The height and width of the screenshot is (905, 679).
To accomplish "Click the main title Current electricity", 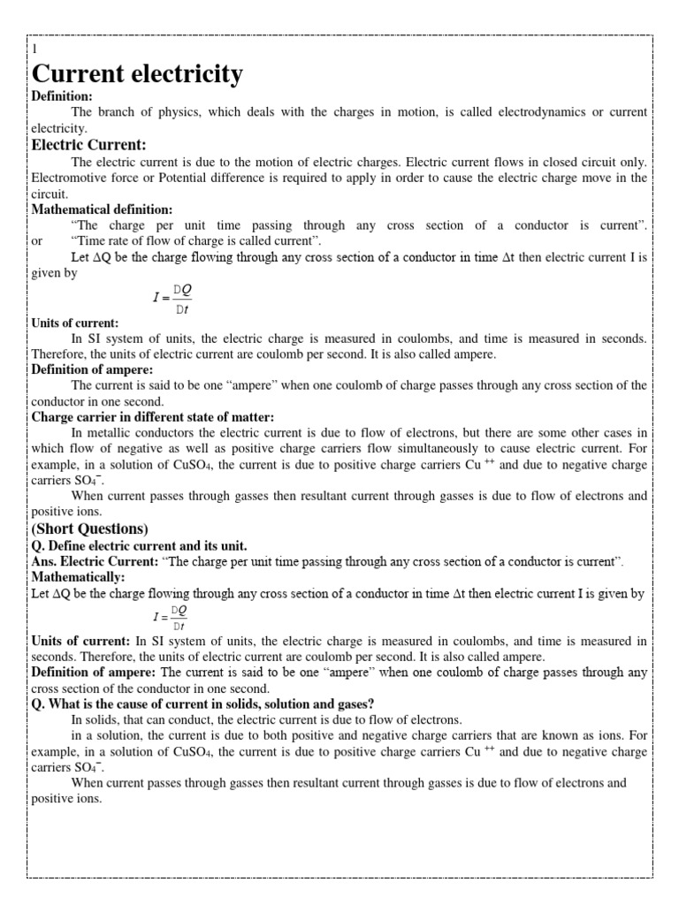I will (x=137, y=74).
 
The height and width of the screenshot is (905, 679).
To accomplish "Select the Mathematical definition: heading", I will (x=103, y=209).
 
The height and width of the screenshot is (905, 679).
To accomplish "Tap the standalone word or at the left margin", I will (x=37, y=241).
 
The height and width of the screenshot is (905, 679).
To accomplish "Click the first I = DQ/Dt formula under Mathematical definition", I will (x=172, y=298).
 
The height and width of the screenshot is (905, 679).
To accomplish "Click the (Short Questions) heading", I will (x=90, y=529).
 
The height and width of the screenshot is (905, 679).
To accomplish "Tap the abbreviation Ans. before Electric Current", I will (x=46, y=561).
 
